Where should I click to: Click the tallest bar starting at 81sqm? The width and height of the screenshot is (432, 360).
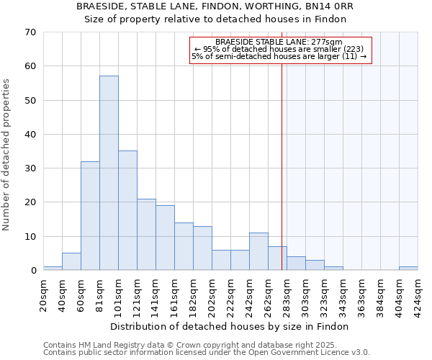coord(109,173)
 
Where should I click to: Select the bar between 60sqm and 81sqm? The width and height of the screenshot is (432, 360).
coord(90,216)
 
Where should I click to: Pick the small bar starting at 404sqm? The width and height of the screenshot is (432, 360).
coord(408,269)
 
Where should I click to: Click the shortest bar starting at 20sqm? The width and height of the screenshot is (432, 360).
coord(53,269)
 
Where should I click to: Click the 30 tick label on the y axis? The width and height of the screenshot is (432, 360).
coord(30,168)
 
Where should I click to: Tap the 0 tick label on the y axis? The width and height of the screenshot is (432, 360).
coord(32,271)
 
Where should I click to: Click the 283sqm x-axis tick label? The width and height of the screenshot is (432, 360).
coord(287,294)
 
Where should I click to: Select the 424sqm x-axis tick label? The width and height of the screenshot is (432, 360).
coord(418,294)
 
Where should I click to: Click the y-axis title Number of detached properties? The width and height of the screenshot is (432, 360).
coord(6,155)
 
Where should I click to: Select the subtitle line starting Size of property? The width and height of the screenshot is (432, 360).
coord(215,19)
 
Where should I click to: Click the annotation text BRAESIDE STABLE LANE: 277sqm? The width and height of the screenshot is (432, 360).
coord(279,42)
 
